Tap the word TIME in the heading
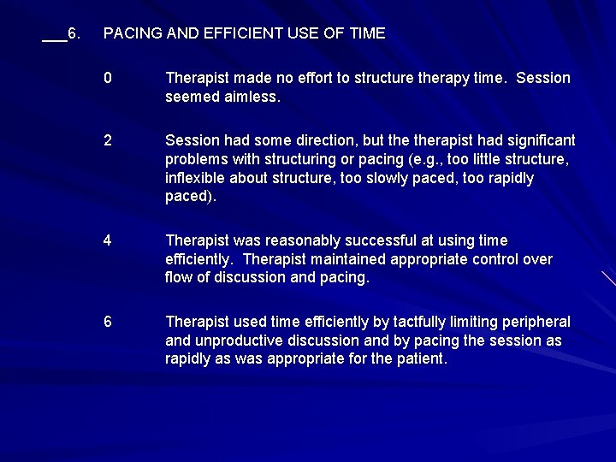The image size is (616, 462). (x=366, y=33)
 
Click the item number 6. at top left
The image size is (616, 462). (x=74, y=33)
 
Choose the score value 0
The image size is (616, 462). (x=108, y=78)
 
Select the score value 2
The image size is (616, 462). (x=108, y=140)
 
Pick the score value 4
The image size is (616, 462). (x=108, y=240)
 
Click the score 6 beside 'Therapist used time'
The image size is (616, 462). (x=108, y=322)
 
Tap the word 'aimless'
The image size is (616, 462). (x=251, y=97)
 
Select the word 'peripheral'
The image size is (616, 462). (x=536, y=322)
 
